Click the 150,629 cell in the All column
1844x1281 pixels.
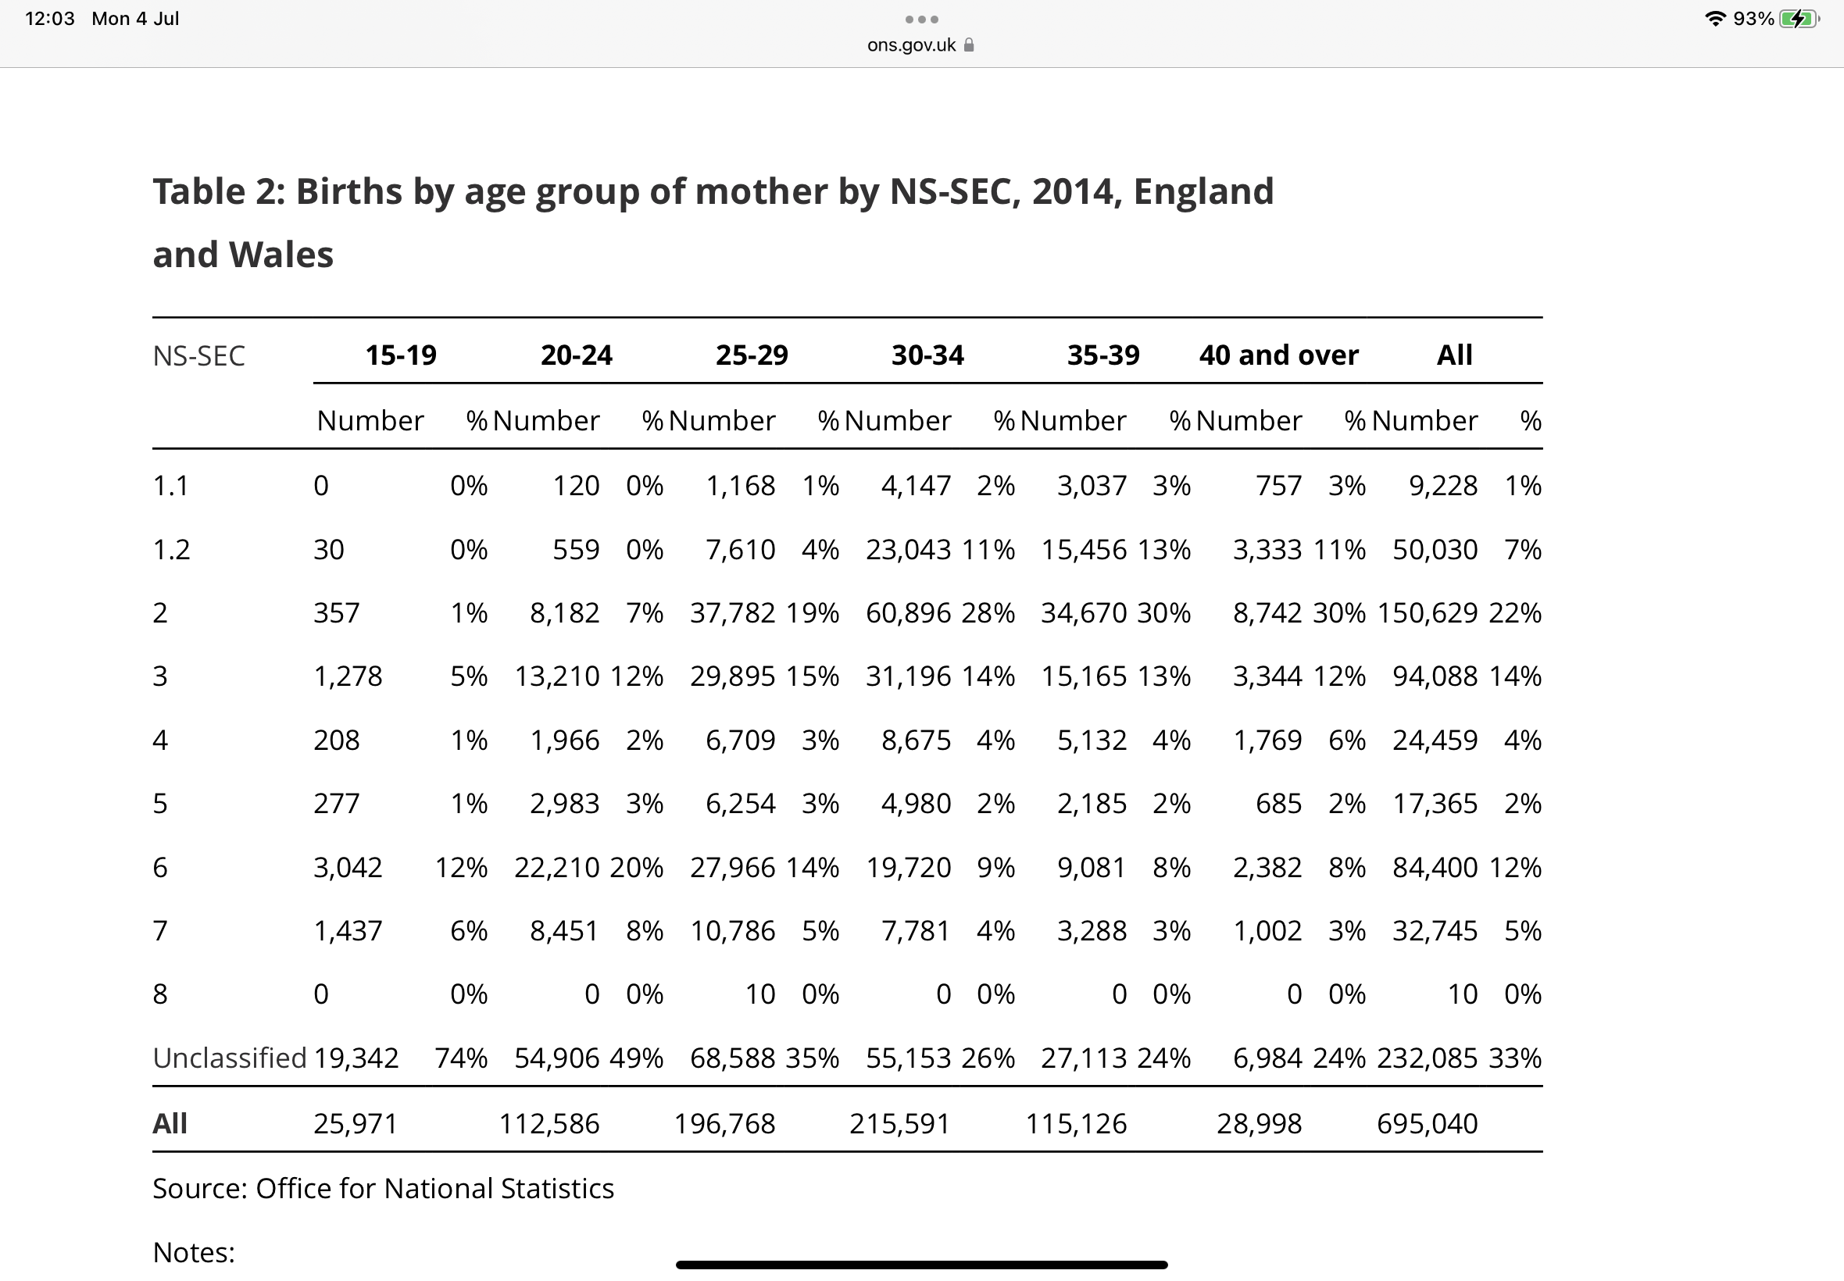pos(1428,613)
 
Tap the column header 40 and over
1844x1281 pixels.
pos(1279,355)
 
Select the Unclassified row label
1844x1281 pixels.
pos(230,1058)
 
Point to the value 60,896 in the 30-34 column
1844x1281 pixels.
pos(908,613)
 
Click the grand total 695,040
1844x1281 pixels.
pos(1428,1124)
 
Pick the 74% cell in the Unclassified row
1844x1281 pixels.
pos(461,1058)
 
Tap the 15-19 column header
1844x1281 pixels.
pos(401,355)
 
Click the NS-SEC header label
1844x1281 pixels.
pos(198,355)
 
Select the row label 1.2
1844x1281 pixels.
pos(171,550)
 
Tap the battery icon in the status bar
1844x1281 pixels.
pos(1799,19)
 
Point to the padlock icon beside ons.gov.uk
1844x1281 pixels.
pos(969,45)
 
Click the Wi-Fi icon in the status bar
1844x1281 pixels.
pos(1715,19)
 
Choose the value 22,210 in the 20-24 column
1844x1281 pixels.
pos(557,868)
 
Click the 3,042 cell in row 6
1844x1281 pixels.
pos(348,868)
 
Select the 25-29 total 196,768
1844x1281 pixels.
pos(725,1124)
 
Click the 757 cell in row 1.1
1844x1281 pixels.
pos(1279,486)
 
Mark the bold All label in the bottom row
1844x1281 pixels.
pos(170,1124)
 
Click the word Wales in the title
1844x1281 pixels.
pos(281,255)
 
